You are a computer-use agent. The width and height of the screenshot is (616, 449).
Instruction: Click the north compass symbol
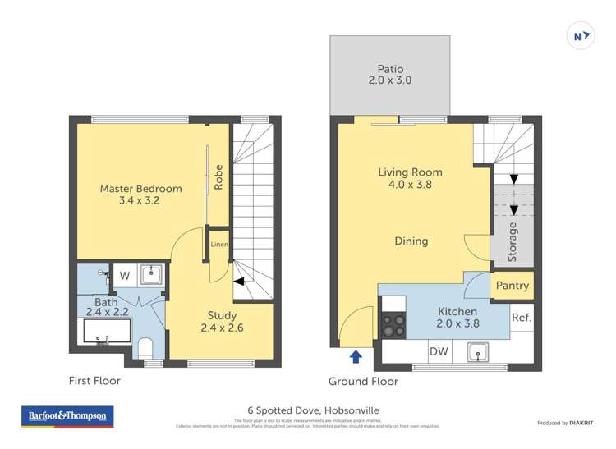click(x=581, y=36)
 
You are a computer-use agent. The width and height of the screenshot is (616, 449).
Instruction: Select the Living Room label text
click(x=410, y=178)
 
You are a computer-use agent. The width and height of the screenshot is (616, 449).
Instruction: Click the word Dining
click(x=411, y=241)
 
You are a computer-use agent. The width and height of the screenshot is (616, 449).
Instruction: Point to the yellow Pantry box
click(x=511, y=286)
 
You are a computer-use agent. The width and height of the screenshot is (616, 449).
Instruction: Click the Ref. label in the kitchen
click(x=521, y=318)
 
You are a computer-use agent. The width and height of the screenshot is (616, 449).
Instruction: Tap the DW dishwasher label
click(x=438, y=352)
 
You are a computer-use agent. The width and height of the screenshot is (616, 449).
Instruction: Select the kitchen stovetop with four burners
click(x=393, y=328)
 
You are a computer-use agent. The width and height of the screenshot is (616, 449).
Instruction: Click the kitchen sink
click(x=476, y=353)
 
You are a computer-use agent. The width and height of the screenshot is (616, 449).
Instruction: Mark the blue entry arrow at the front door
click(x=355, y=357)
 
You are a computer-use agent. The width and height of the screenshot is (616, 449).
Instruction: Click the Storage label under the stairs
click(x=513, y=241)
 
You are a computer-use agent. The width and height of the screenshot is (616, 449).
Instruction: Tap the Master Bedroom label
click(x=140, y=195)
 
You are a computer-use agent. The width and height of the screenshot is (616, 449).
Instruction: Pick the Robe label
click(x=218, y=178)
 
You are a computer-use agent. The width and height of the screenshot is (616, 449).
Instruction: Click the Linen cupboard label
click(x=218, y=245)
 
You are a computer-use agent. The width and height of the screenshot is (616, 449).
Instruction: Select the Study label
click(x=222, y=322)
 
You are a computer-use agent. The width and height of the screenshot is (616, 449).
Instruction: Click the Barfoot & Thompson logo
click(x=67, y=416)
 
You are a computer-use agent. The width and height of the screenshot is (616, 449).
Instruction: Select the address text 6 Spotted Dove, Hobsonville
click(x=308, y=410)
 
